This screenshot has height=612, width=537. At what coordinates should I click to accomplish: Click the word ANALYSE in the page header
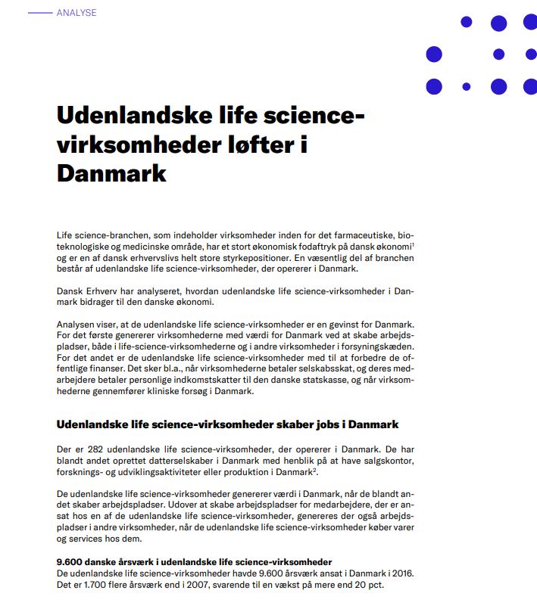[x=76, y=13]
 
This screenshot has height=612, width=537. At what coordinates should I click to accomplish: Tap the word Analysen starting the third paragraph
[x=77, y=326]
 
